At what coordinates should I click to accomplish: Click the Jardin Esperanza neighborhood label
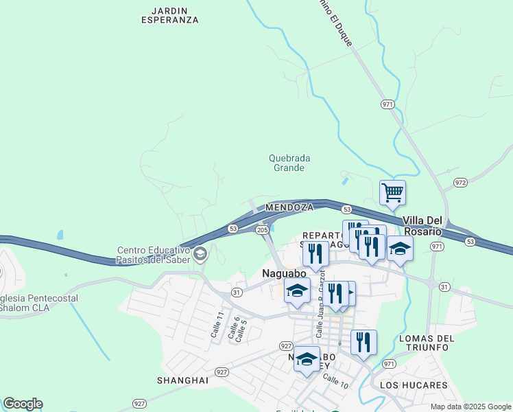click(169, 16)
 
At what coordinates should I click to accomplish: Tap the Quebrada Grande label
click(289, 163)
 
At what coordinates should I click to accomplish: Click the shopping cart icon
click(392, 192)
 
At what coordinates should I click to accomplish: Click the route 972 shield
click(460, 183)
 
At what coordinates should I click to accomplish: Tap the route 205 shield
click(262, 230)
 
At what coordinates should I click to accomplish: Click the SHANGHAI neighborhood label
click(182, 380)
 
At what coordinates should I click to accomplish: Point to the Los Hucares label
click(413, 385)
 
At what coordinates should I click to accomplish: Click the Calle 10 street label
click(336, 381)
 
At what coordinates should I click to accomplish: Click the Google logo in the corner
click(23, 404)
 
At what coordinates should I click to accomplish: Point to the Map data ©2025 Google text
click(470, 407)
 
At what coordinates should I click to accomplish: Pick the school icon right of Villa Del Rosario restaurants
click(399, 249)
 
